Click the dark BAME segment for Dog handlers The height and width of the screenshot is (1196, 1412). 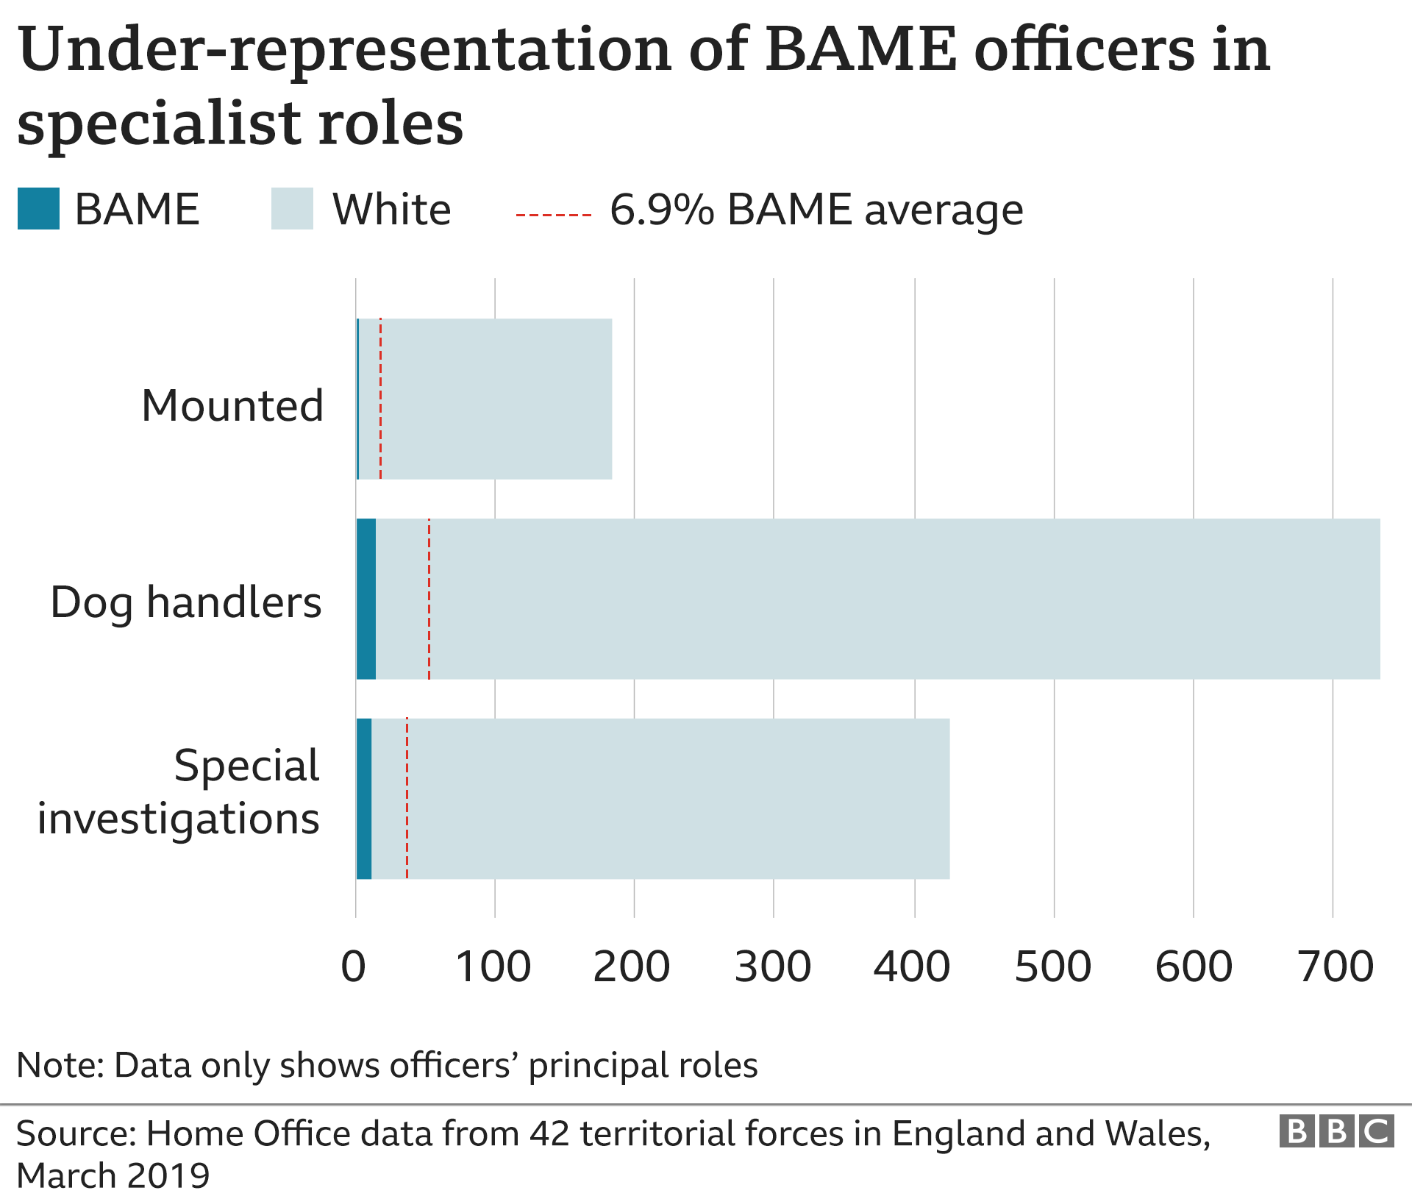(x=366, y=599)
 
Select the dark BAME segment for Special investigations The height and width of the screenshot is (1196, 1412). (x=364, y=799)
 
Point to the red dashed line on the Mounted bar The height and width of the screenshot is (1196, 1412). (x=380, y=399)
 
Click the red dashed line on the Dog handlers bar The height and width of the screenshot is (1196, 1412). (x=429, y=599)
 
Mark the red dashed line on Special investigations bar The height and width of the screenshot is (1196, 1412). (x=407, y=799)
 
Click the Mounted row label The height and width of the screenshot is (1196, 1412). (x=232, y=405)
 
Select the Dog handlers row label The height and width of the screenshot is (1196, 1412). (x=186, y=602)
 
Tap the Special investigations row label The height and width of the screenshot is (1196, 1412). (x=179, y=791)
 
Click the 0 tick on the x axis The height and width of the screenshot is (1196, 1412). (x=354, y=967)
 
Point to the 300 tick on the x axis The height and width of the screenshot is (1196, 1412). (x=772, y=967)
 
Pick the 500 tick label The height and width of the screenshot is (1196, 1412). (x=1053, y=967)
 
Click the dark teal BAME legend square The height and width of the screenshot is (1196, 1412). (x=38, y=209)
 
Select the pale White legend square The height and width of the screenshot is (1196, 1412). (x=292, y=209)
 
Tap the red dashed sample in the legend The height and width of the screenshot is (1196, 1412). (x=553, y=215)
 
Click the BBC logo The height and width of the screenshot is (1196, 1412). (x=1336, y=1131)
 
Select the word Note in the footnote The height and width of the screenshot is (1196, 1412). (x=60, y=1065)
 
